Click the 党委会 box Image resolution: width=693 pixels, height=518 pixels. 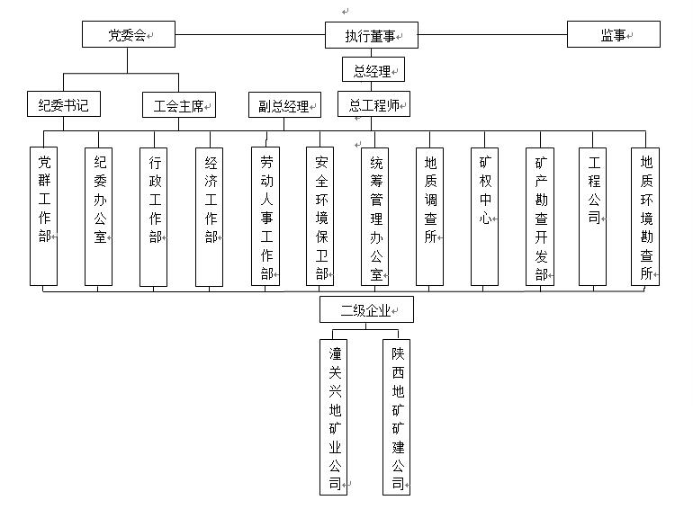(128, 35)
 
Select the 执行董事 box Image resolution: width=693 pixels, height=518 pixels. (371, 36)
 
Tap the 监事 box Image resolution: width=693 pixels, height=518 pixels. (614, 35)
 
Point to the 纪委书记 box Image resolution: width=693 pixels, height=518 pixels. (64, 105)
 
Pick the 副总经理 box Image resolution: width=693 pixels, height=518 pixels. (284, 106)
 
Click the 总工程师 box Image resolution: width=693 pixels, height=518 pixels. (374, 105)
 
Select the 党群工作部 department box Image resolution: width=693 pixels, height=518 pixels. (44, 217)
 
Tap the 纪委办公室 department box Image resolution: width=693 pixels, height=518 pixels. (99, 217)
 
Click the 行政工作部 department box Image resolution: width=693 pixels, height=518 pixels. (154, 217)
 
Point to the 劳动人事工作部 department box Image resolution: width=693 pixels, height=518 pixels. (265, 217)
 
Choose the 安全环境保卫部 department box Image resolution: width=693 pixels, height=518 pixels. (320, 217)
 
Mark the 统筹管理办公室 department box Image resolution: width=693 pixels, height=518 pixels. (375, 217)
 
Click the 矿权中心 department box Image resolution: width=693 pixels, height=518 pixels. (485, 217)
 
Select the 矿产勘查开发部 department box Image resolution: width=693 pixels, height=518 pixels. (541, 217)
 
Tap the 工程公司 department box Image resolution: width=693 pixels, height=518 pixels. (593, 217)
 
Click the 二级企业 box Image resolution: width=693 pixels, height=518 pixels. (367, 310)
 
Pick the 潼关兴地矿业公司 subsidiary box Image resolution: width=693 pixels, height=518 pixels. (334, 415)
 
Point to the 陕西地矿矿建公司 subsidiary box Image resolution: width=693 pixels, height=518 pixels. (397, 415)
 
